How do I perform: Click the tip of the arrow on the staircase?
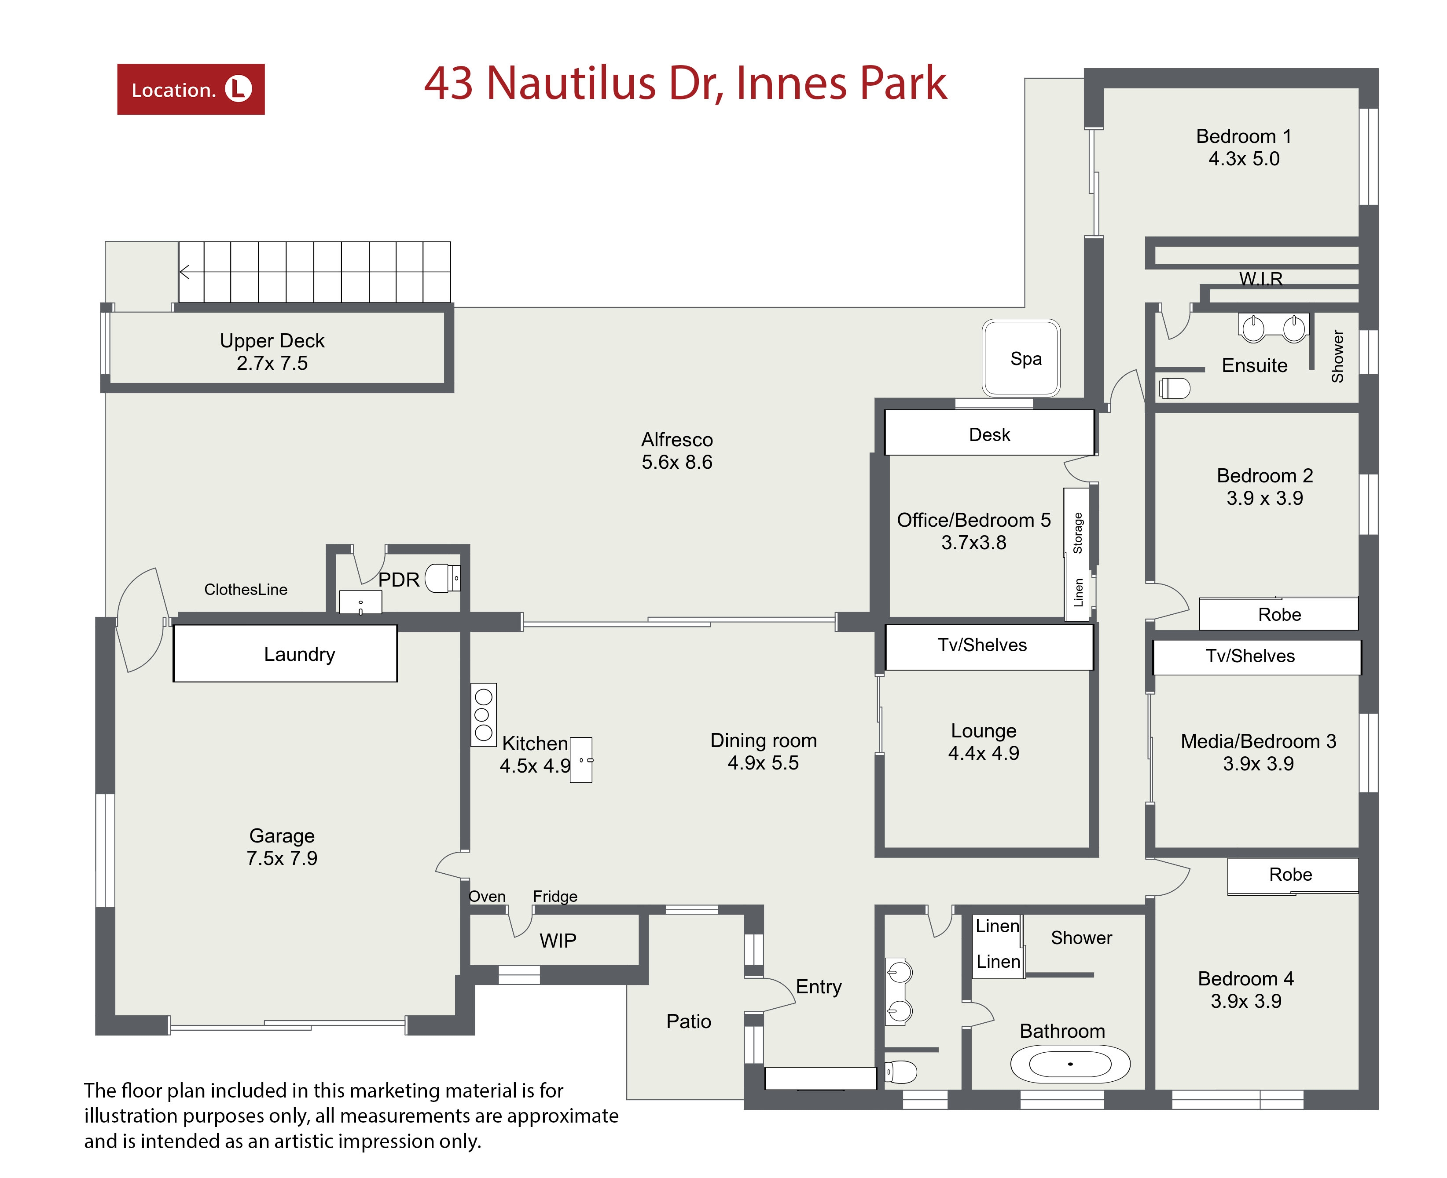click(x=180, y=272)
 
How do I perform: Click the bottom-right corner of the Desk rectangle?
click(x=1094, y=455)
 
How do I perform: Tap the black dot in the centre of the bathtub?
click(x=1070, y=1063)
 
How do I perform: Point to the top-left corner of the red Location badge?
click(x=118, y=65)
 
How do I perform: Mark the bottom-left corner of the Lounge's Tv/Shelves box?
click(x=885, y=670)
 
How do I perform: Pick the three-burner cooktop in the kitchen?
click(x=484, y=715)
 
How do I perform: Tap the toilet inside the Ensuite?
click(x=1173, y=388)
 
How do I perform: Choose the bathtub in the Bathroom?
click(x=1070, y=1063)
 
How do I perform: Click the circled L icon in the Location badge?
click(x=239, y=89)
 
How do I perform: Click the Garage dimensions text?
click(x=282, y=858)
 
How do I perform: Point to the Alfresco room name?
click(x=677, y=440)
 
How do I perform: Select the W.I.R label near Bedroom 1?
click(x=1261, y=279)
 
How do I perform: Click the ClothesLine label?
click(x=246, y=590)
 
